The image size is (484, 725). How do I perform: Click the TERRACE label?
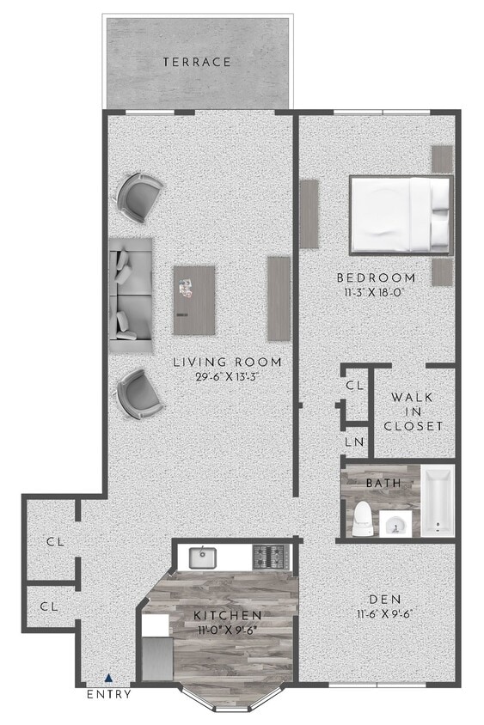(197, 62)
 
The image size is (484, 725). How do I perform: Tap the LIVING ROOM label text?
(227, 362)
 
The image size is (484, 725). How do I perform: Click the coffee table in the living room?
(193, 300)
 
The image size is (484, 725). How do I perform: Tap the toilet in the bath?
(363, 518)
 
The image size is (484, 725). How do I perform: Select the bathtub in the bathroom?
(437, 501)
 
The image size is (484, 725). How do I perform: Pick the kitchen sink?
(203, 557)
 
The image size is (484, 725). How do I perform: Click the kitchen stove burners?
(271, 557)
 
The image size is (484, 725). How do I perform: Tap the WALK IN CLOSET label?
(413, 411)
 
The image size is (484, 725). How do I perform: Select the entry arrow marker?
(107, 677)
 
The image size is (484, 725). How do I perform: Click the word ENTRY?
(109, 694)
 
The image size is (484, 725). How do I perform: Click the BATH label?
(383, 484)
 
